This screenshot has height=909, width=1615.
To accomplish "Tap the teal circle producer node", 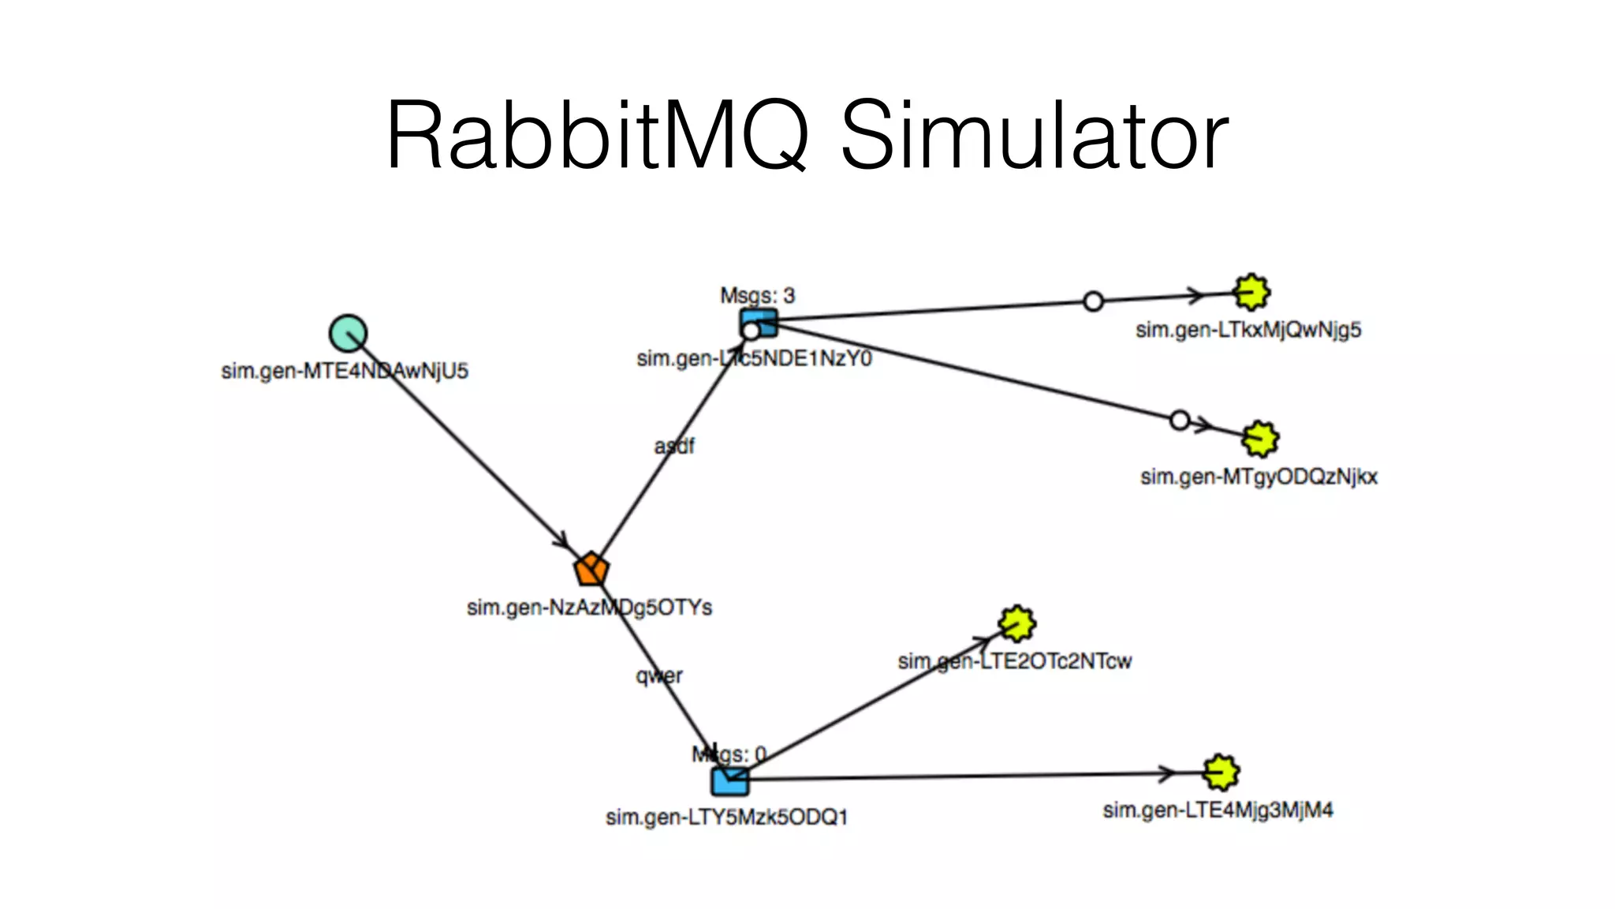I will [x=348, y=333].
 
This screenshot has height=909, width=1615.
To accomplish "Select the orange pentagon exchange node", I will [x=591, y=569].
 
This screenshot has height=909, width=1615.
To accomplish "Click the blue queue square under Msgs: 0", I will [x=730, y=780].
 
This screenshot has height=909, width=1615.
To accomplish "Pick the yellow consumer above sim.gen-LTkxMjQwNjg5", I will [x=1251, y=293].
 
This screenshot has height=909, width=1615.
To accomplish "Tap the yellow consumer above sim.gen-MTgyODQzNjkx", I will [x=1259, y=439].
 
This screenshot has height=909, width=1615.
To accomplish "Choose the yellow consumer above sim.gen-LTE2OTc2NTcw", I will [x=1017, y=624].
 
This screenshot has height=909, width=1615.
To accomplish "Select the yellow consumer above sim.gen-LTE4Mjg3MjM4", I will [x=1221, y=772].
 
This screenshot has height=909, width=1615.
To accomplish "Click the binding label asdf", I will [x=674, y=447].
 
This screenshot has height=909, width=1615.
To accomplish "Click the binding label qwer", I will [x=659, y=675].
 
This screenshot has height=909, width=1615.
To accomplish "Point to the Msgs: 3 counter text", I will [x=757, y=296].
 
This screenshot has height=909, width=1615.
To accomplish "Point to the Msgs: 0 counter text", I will [x=729, y=754].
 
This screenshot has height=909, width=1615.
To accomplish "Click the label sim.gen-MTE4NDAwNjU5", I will [x=345, y=371].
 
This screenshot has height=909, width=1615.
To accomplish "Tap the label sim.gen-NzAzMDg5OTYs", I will [x=589, y=608].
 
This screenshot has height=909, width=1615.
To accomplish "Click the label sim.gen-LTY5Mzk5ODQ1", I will [x=726, y=817].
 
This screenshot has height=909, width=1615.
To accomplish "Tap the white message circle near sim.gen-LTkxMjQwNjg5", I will [x=1093, y=301].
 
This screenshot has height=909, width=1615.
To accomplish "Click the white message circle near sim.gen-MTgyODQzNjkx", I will [x=1180, y=421].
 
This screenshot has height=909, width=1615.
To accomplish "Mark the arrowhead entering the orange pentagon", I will [x=561, y=543].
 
